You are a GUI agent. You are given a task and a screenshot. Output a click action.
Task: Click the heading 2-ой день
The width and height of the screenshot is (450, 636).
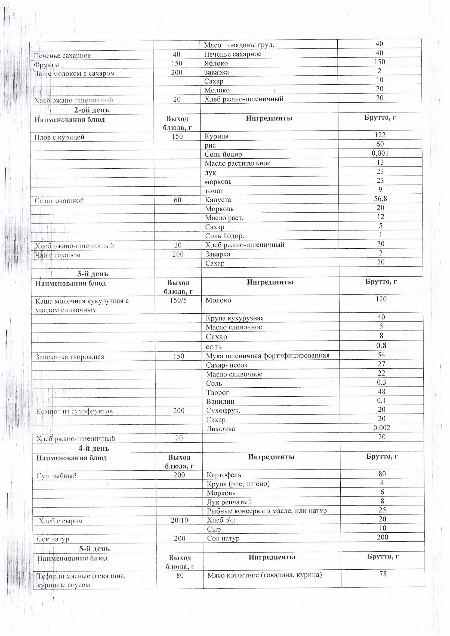92,110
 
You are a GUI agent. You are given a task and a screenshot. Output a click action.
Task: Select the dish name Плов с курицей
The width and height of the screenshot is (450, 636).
59,137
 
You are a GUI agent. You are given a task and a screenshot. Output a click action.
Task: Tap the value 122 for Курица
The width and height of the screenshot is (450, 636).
380,135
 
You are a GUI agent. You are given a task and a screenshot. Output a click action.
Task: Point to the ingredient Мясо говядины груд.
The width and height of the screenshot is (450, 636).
239,45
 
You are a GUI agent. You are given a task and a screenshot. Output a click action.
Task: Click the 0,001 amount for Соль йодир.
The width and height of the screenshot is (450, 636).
380,153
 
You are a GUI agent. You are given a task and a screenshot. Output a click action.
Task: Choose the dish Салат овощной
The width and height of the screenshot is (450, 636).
59,200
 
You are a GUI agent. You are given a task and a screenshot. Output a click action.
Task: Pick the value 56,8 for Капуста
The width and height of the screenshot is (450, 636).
380,199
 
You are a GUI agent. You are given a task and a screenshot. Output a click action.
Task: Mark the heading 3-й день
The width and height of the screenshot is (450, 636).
93,274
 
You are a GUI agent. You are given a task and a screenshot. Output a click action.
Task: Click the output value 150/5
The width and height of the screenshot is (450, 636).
178,300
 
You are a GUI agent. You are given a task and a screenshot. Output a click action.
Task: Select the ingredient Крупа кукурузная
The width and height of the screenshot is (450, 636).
235,318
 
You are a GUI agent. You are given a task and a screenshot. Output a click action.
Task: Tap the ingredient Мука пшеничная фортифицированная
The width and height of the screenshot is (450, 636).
268,356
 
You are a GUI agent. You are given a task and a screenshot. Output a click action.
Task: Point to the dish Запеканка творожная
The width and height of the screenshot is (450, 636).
70,357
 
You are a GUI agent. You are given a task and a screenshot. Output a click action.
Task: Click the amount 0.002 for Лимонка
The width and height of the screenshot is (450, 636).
381,428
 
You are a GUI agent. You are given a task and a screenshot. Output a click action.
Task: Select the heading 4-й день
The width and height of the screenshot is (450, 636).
94,448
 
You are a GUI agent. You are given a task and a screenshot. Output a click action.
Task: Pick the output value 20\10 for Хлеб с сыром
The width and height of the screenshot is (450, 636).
179,520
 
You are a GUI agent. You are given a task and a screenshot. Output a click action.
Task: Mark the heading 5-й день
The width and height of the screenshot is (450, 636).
94,548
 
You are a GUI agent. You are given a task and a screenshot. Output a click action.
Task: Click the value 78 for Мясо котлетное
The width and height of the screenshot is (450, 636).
383,574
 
